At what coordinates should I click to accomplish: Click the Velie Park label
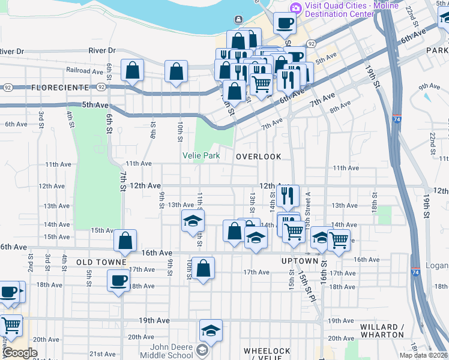(201, 156)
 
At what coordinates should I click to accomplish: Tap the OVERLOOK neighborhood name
(258, 157)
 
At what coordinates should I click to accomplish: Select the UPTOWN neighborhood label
(300, 262)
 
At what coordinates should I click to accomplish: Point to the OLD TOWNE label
(101, 263)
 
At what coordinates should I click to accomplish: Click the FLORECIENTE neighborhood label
(59, 88)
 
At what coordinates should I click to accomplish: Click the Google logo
(19, 353)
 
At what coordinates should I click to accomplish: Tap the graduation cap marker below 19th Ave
(211, 330)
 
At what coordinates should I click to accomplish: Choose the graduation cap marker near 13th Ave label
(193, 220)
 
